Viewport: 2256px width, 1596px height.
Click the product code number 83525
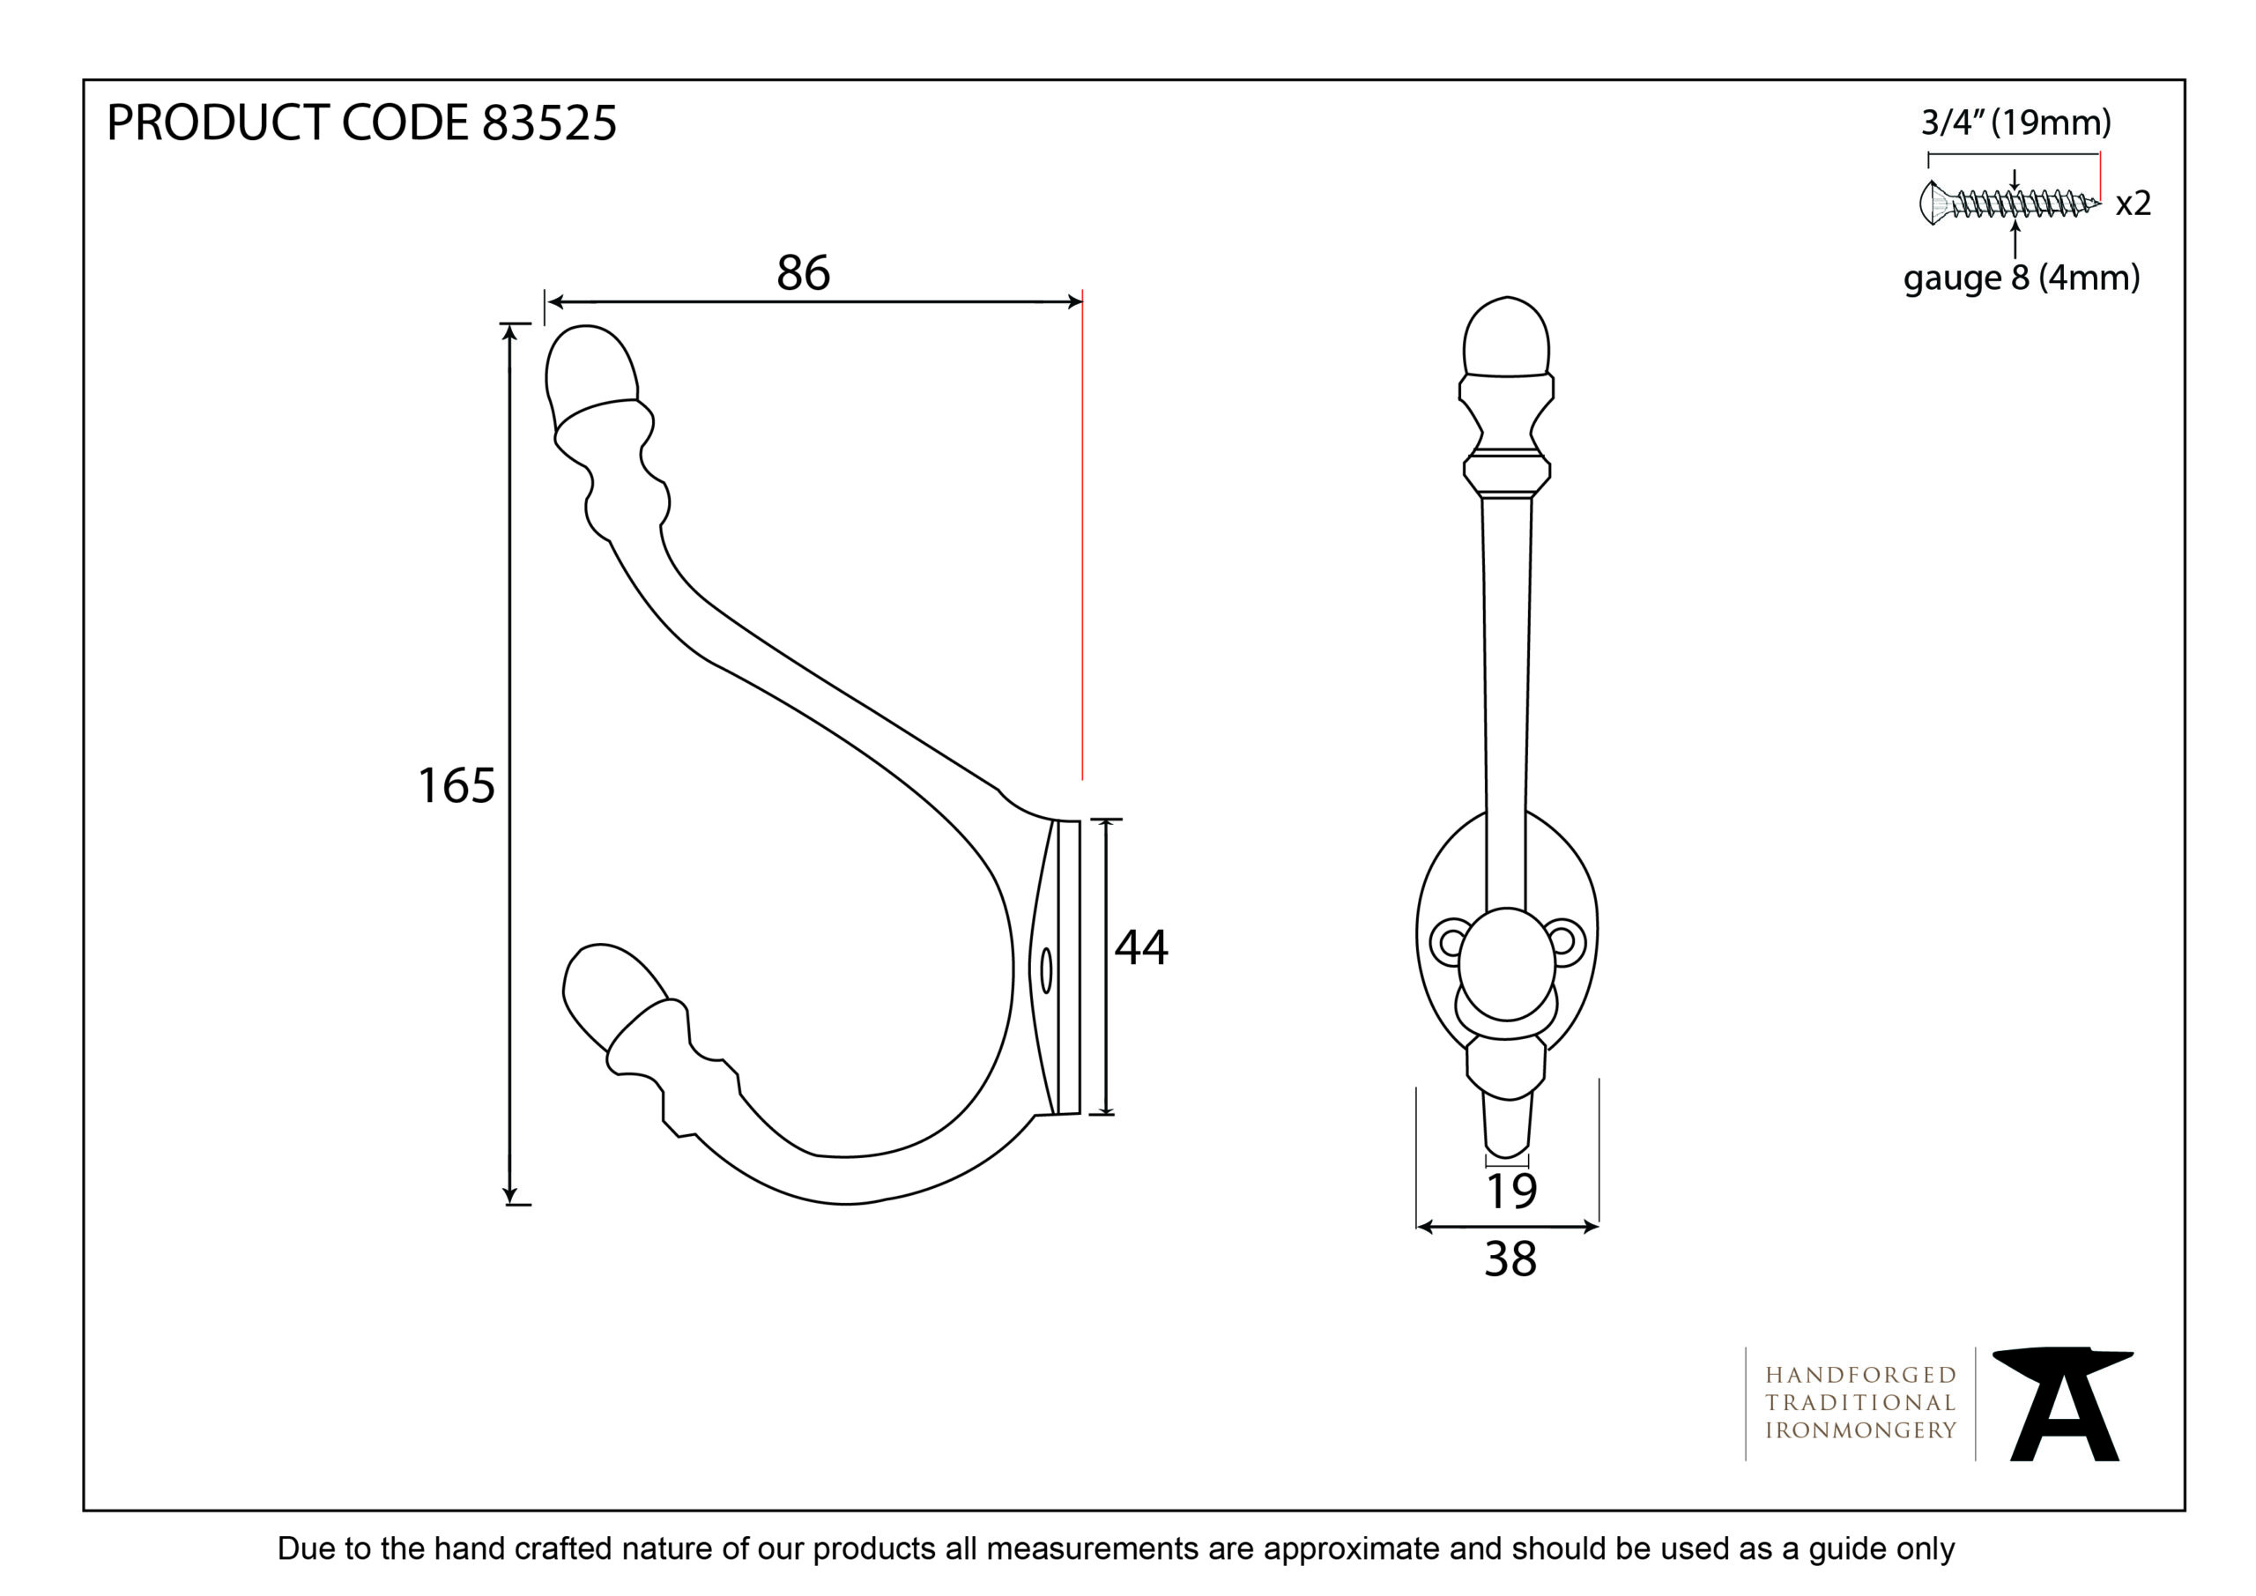point(549,124)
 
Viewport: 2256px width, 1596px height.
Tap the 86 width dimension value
point(803,272)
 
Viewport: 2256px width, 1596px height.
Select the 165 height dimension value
point(456,785)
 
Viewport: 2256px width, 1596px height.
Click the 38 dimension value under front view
point(1510,1259)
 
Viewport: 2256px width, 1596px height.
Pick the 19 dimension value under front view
point(1510,1192)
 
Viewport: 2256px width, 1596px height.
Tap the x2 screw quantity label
point(2134,204)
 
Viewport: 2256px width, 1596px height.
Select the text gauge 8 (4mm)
point(2022,278)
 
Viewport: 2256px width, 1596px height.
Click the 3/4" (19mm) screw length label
point(2016,122)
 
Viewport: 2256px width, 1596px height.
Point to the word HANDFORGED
point(1861,1375)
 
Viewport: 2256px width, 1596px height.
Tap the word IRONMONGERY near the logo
point(1861,1431)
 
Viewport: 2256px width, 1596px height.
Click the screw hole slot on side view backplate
point(1045,971)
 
